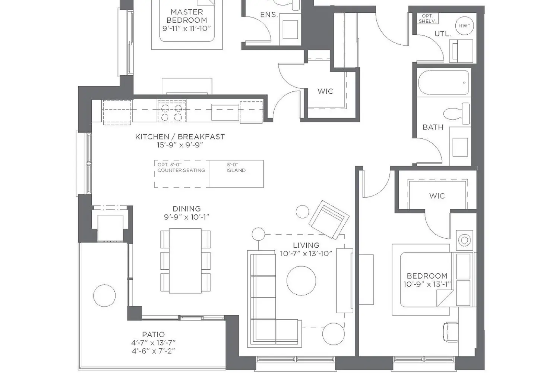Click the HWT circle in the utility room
[x=464, y=26]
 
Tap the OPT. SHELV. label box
[x=428, y=19]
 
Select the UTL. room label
[x=443, y=34]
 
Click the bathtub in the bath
[x=443, y=82]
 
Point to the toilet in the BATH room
[x=457, y=114]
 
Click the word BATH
[x=433, y=127]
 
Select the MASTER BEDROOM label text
[x=187, y=16]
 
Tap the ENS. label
[x=269, y=15]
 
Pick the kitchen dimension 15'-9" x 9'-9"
[x=180, y=145]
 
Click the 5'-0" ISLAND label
[x=236, y=167]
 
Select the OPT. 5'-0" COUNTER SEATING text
[x=181, y=167]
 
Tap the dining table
[x=186, y=261]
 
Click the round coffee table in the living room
[x=301, y=280]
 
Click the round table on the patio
[x=104, y=295]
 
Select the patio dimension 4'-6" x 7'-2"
[x=154, y=351]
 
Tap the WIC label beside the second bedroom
[x=437, y=196]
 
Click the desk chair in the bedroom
[x=451, y=332]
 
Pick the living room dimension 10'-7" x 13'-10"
[x=306, y=254]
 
